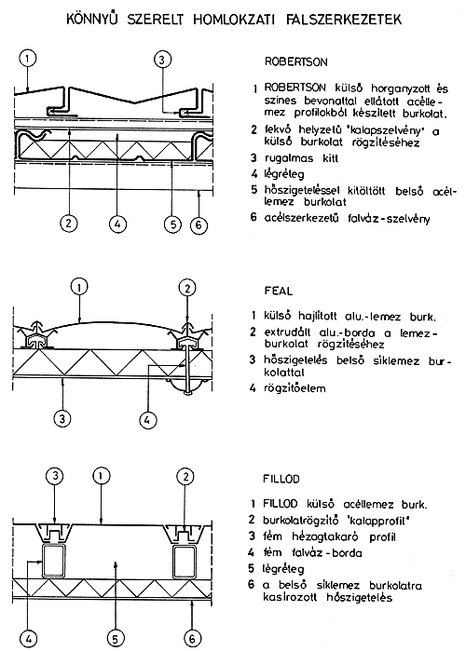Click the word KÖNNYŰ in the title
click(93, 19)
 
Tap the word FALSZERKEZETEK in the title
click(344, 20)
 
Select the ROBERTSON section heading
click(295, 62)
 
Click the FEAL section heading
click(279, 291)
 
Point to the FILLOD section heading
click(281, 479)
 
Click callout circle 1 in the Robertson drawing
click(27, 59)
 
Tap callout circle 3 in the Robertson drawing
click(162, 60)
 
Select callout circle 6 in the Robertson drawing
click(199, 225)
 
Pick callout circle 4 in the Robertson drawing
click(117, 224)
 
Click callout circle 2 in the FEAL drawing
click(187, 288)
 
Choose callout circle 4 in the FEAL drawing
click(147, 420)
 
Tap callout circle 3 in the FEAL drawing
click(62, 418)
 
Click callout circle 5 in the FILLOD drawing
click(116, 639)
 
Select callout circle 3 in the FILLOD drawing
click(55, 477)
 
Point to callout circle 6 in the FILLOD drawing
click(192, 638)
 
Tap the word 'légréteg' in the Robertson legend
click(284, 174)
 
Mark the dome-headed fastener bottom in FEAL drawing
click(187, 389)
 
